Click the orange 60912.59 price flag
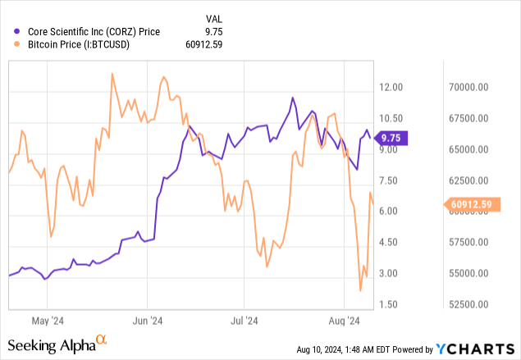click(x=470, y=204)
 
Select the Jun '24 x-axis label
click(x=146, y=321)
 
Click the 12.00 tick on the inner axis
click(x=393, y=87)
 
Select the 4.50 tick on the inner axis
click(x=391, y=242)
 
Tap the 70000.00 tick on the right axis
click(x=470, y=87)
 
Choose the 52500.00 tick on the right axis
click(x=470, y=304)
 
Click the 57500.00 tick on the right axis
click(x=470, y=242)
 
